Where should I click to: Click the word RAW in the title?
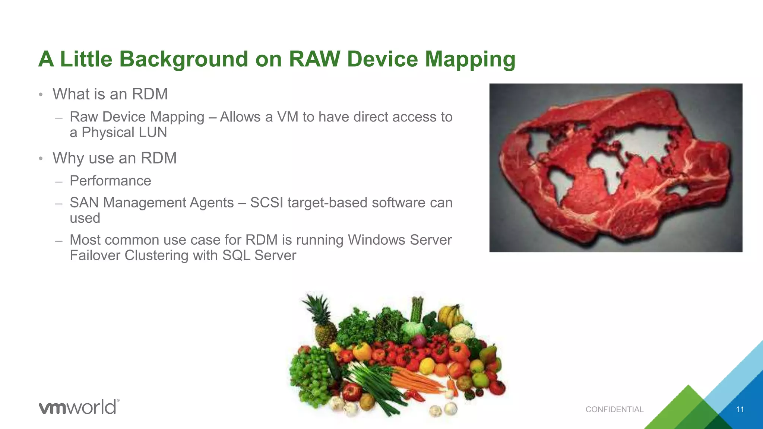coord(314,59)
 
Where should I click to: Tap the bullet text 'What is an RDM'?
coord(110,94)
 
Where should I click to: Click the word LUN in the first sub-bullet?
coord(152,132)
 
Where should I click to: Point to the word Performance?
coord(110,181)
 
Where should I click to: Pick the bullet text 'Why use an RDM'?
coord(114,158)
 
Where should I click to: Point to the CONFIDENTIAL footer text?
coord(614,410)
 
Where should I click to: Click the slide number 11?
coord(740,410)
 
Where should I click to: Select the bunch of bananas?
coord(451,315)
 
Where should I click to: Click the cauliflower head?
coord(462,331)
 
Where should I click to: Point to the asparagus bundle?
coord(417,309)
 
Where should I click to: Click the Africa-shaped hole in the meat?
coord(604,168)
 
